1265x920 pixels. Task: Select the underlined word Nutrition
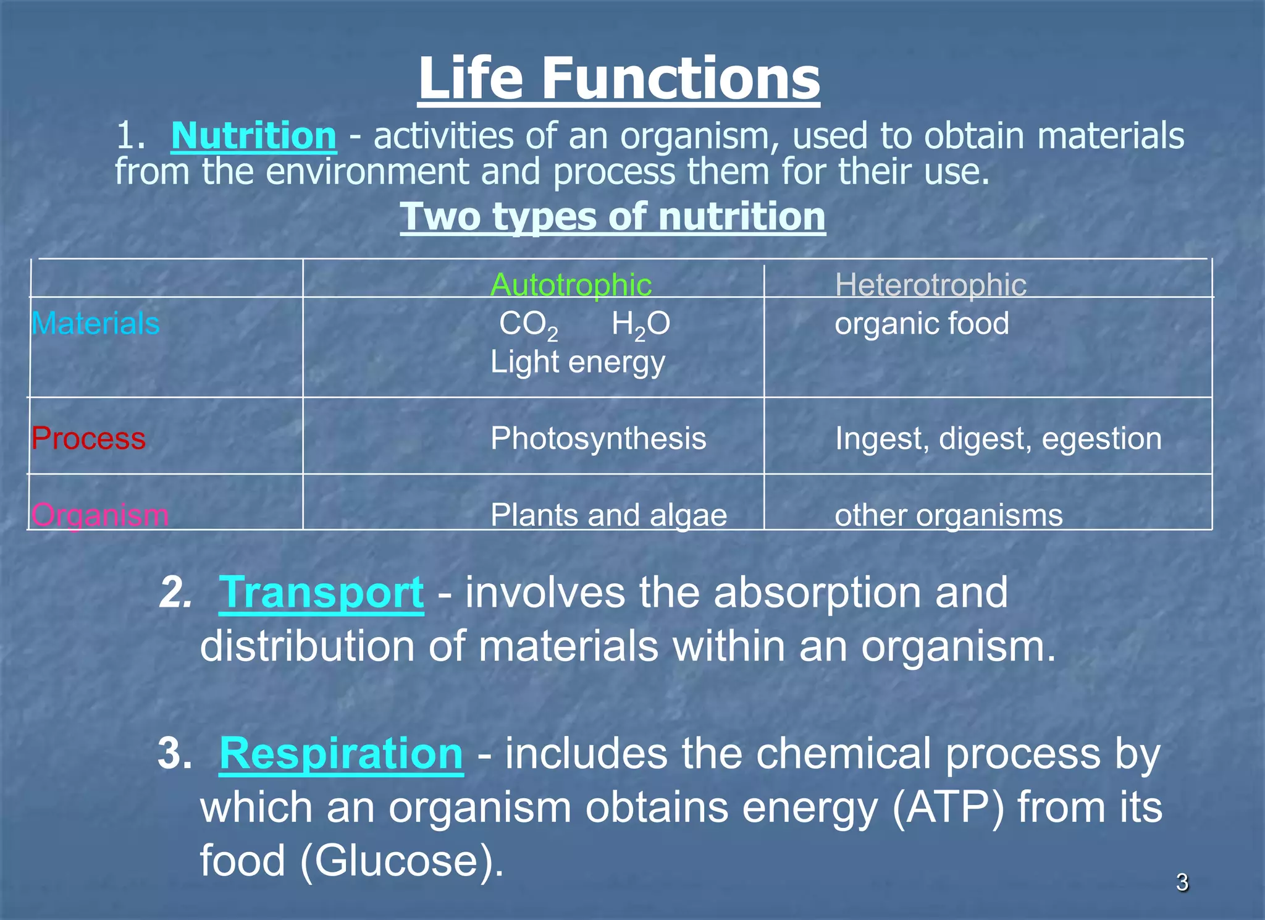(x=254, y=135)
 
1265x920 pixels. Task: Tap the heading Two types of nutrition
(x=612, y=217)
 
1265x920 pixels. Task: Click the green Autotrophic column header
(x=571, y=285)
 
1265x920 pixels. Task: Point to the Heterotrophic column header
(x=930, y=285)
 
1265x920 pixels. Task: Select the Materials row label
(x=96, y=323)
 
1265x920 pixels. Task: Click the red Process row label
(x=88, y=438)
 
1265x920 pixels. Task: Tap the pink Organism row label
(x=99, y=515)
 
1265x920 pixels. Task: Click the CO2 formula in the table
(x=528, y=324)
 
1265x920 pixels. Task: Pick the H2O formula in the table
(x=641, y=324)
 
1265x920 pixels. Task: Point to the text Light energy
(x=578, y=362)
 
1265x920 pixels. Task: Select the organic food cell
(x=922, y=323)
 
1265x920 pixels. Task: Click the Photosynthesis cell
(x=598, y=438)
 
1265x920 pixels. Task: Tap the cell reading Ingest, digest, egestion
(x=998, y=438)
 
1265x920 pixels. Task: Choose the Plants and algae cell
(x=608, y=515)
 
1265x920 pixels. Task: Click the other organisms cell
(x=948, y=515)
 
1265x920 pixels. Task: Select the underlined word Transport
(x=321, y=593)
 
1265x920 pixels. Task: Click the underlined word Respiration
(x=341, y=754)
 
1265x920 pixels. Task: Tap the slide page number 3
(x=1182, y=882)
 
